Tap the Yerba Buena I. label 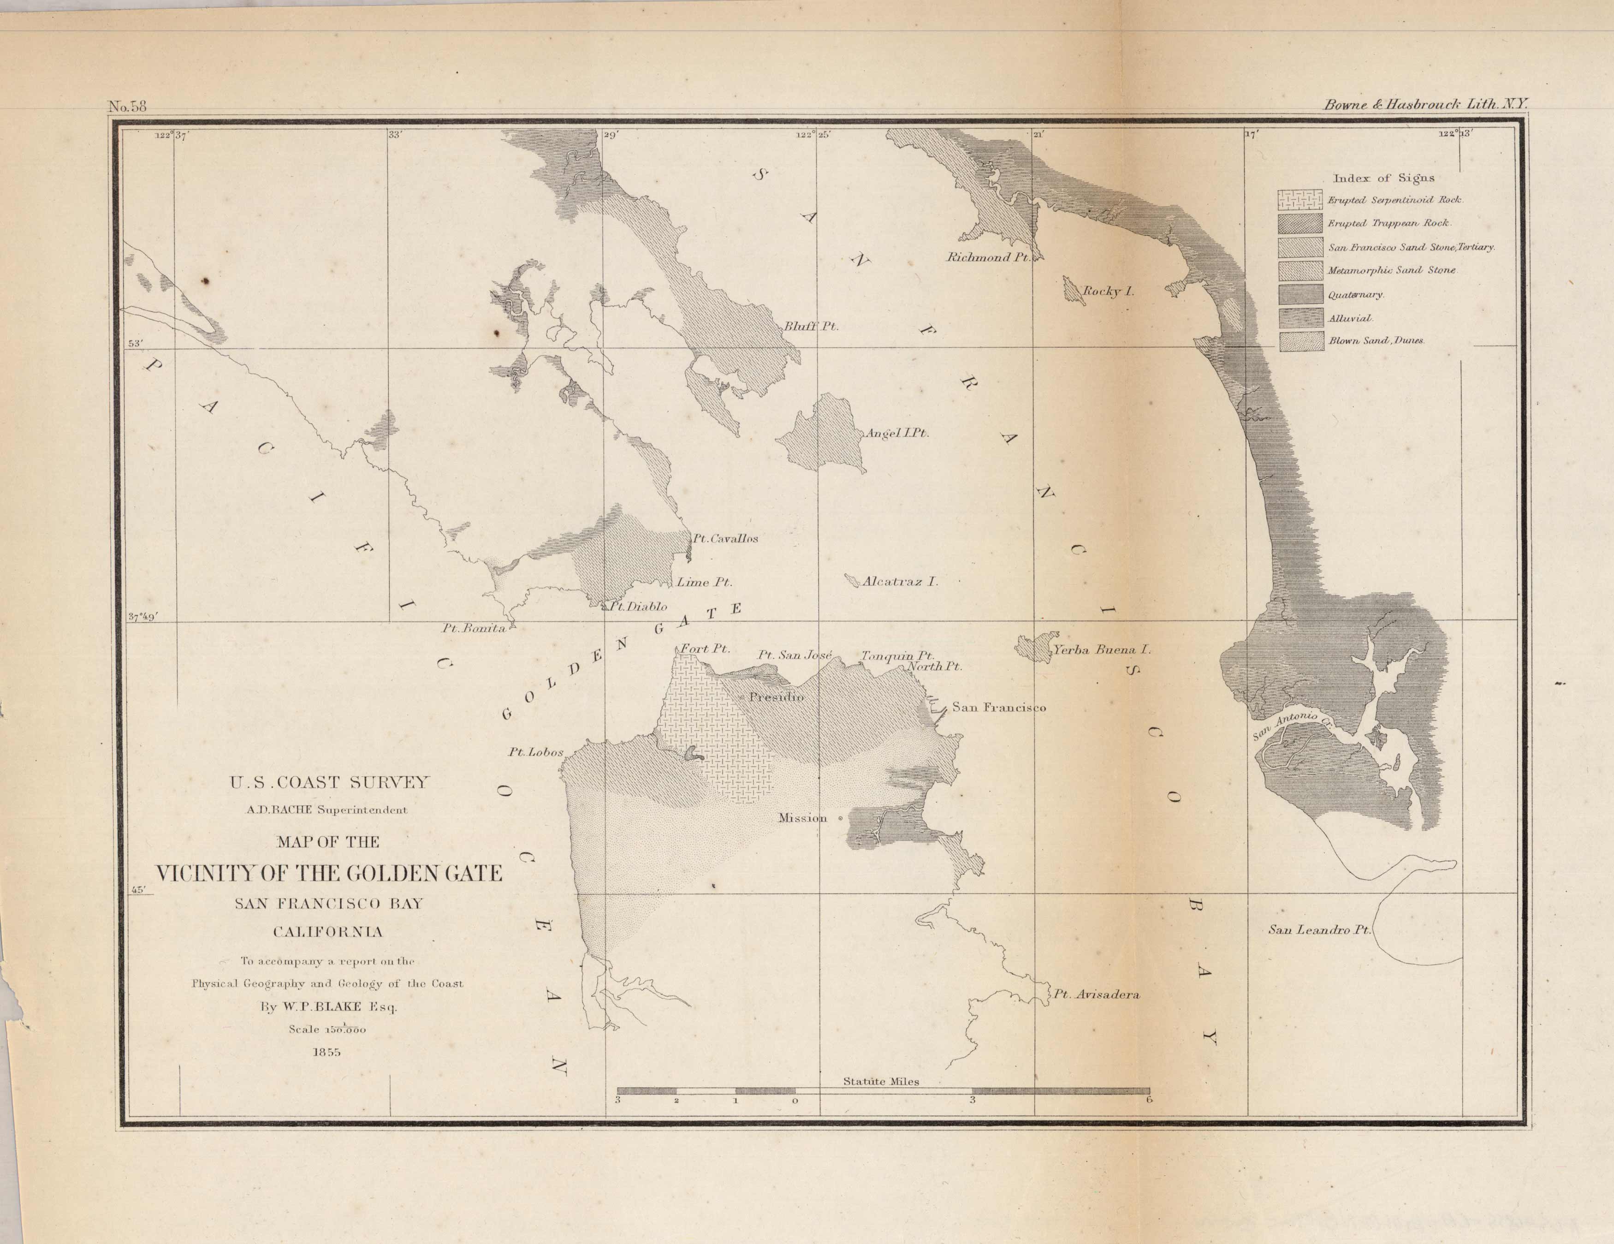click(1102, 650)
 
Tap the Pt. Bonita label click(474, 628)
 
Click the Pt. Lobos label click(535, 752)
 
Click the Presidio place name click(776, 697)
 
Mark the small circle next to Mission click(840, 818)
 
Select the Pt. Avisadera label click(1096, 995)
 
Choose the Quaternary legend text click(1355, 295)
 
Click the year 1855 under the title click(326, 1052)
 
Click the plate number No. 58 click(128, 106)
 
